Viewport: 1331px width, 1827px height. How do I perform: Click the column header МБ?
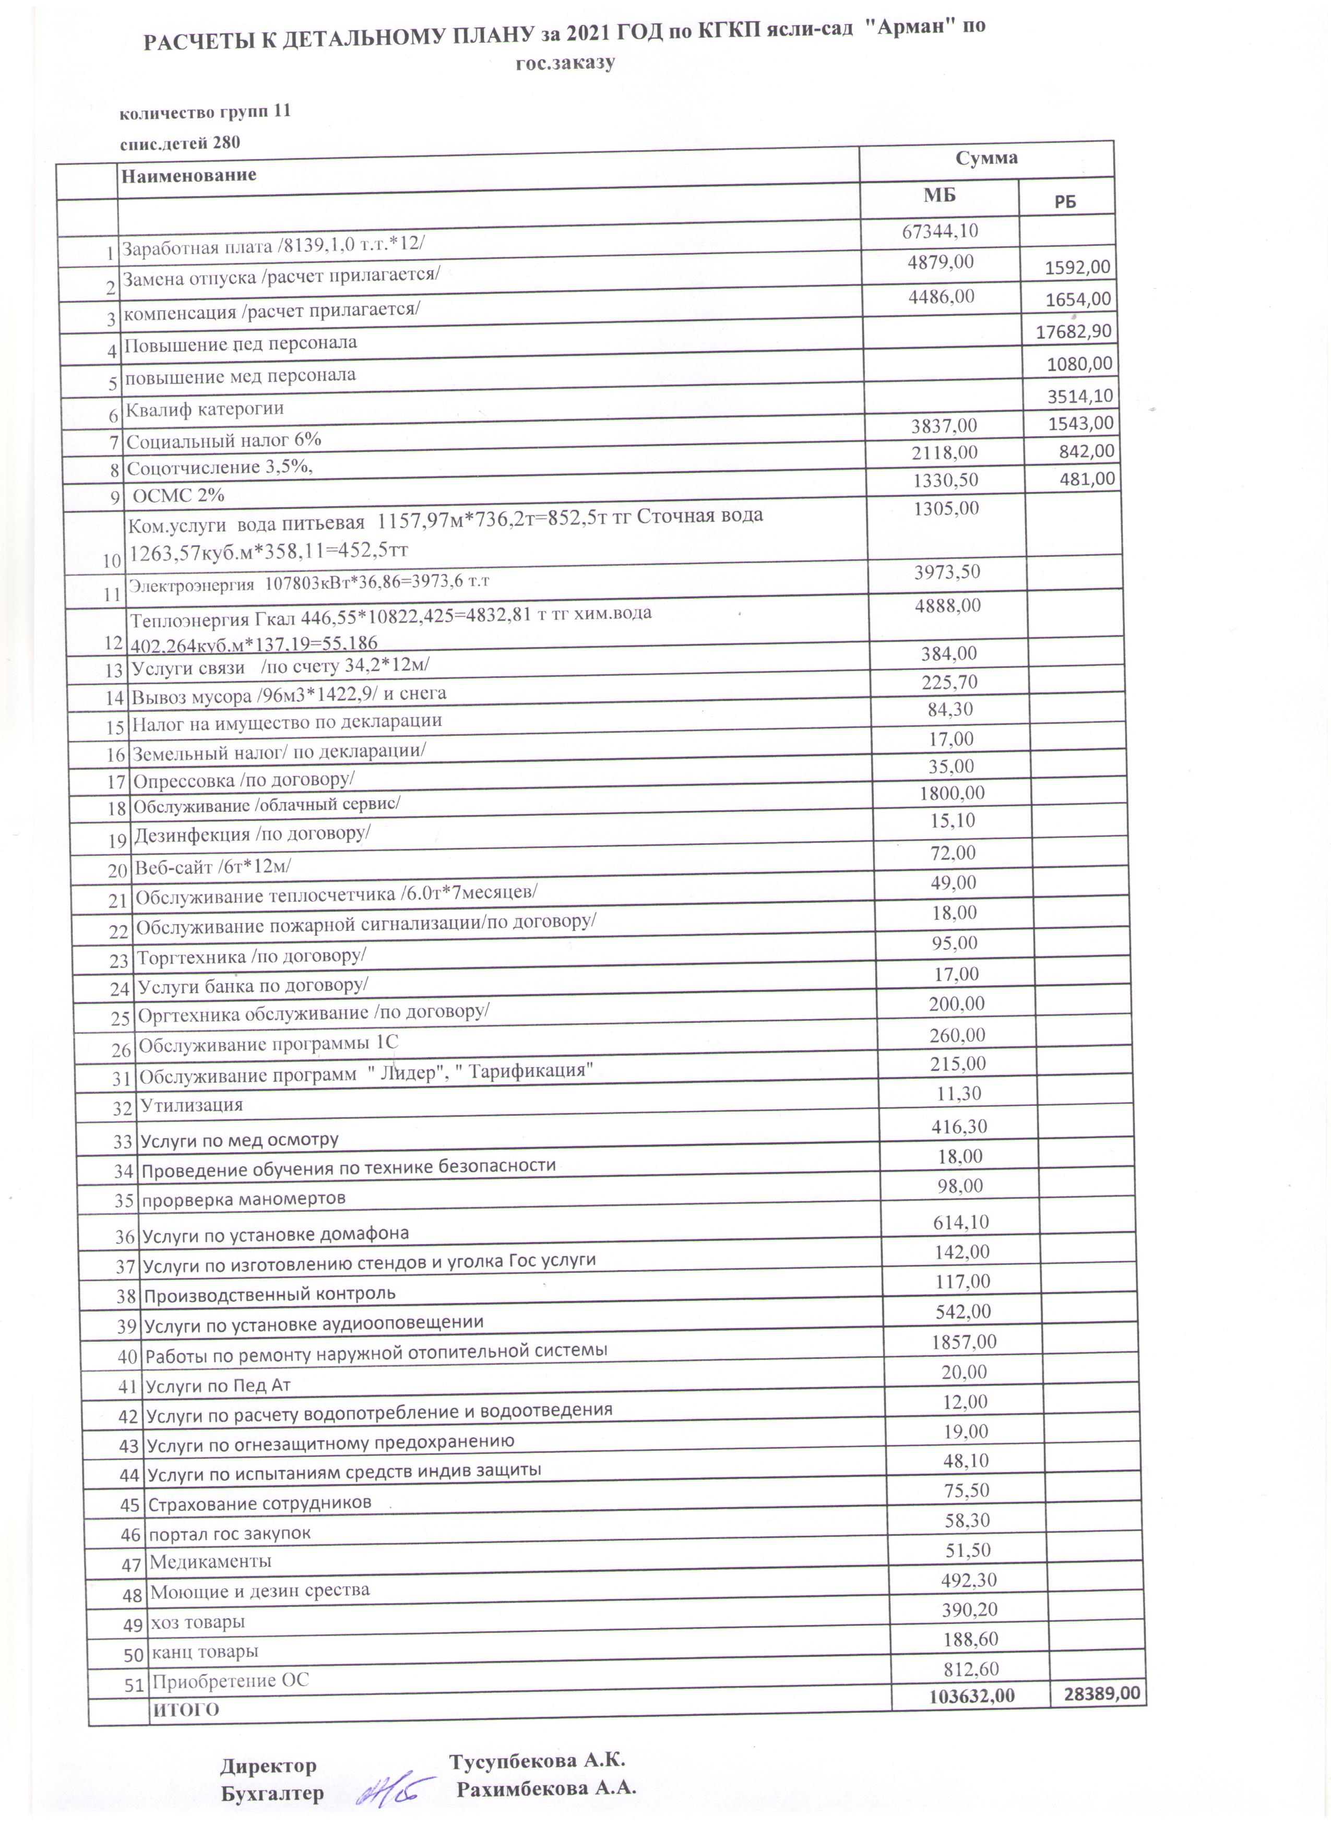(938, 195)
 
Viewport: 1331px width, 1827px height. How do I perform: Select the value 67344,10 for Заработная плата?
(940, 231)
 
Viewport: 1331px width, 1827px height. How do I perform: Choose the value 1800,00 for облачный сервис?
(952, 793)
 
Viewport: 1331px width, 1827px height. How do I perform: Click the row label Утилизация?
(192, 1104)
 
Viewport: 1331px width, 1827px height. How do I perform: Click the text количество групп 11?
(205, 113)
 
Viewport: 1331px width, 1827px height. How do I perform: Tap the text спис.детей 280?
(180, 144)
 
